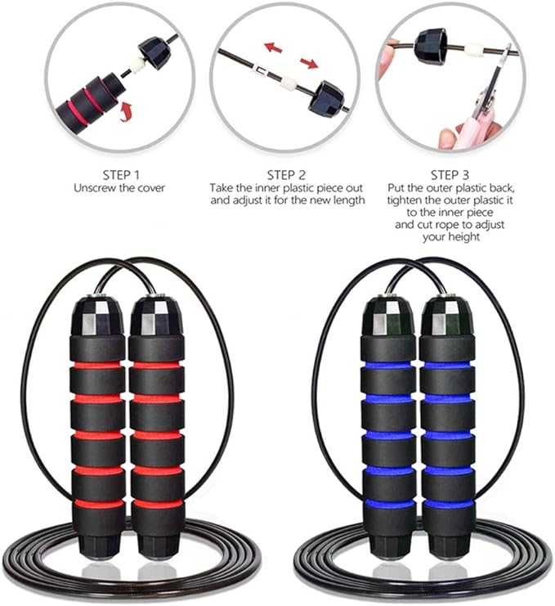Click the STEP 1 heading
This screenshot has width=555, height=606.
[121, 175]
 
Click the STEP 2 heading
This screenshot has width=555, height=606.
[287, 175]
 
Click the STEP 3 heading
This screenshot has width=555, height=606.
[450, 175]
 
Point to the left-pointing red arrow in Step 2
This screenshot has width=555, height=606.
[273, 47]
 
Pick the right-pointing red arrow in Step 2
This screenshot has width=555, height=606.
[309, 63]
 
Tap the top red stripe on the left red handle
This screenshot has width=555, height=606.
[97, 365]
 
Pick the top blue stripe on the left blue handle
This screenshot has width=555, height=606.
[387, 365]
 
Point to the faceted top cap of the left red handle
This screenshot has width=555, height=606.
[97, 317]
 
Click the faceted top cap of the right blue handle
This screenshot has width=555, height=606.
[447, 316]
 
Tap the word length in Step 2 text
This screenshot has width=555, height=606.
[347, 200]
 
